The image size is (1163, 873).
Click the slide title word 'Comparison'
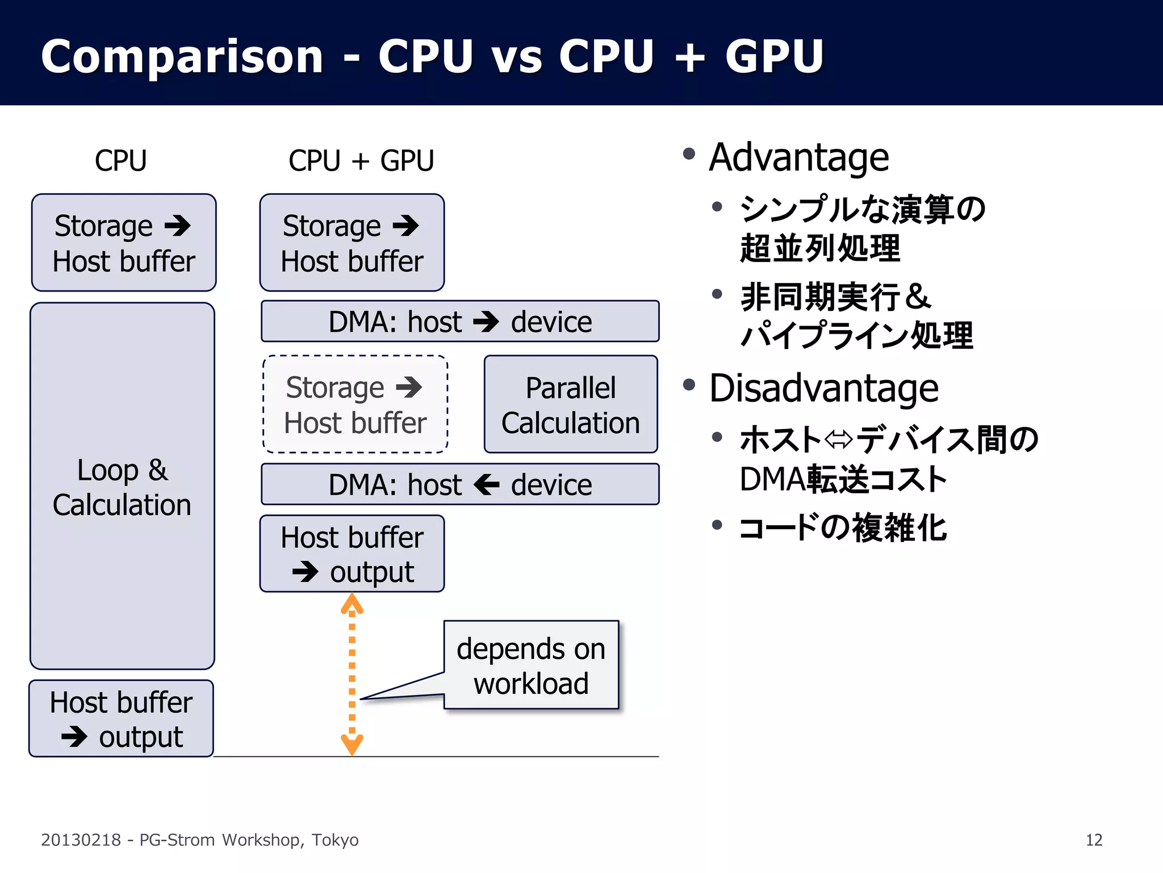click(182, 57)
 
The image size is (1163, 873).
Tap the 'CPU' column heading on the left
click(120, 160)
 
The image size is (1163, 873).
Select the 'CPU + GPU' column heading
click(361, 160)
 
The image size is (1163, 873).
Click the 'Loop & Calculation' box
click(122, 487)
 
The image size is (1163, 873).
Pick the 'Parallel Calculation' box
click(571, 405)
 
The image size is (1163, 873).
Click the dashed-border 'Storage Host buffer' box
click(355, 405)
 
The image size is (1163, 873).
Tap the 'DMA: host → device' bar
click(460, 322)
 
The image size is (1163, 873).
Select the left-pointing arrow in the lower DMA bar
click(487, 485)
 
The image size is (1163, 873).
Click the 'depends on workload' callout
click(531, 665)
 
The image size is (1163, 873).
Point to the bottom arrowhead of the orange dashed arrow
click(352, 745)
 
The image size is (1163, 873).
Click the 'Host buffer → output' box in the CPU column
click(122, 719)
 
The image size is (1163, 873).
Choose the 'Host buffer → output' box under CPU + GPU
click(352, 554)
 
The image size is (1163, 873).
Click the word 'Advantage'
click(799, 157)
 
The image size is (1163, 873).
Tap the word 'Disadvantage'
click(823, 389)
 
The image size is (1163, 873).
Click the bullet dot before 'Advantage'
click(689, 153)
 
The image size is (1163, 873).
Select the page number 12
click(1094, 840)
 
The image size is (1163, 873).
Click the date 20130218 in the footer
click(81, 840)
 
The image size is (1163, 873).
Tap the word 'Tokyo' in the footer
click(335, 840)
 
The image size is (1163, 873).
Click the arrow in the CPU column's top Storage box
click(178, 226)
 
